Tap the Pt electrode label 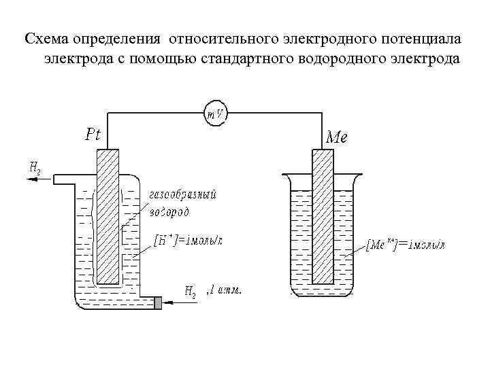[93, 135]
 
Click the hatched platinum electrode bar [109, 216]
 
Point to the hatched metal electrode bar [322, 216]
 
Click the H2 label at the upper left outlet [34, 166]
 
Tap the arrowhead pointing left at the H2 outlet [27, 179]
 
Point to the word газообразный [182, 195]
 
